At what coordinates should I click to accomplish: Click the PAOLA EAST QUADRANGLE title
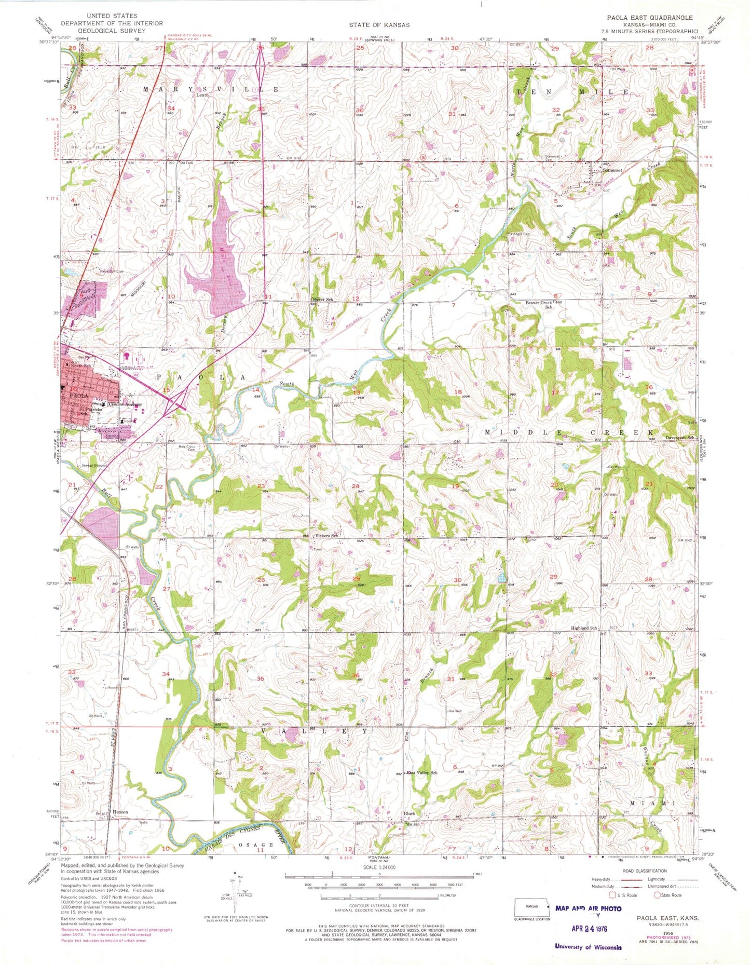pyautogui.click(x=646, y=18)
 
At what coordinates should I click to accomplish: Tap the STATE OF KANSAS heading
pyautogui.click(x=379, y=25)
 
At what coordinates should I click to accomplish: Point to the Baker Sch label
pyautogui.click(x=323, y=300)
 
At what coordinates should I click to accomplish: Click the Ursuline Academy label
pyautogui.click(x=125, y=404)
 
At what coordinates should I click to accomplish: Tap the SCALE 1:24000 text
pyautogui.click(x=379, y=867)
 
